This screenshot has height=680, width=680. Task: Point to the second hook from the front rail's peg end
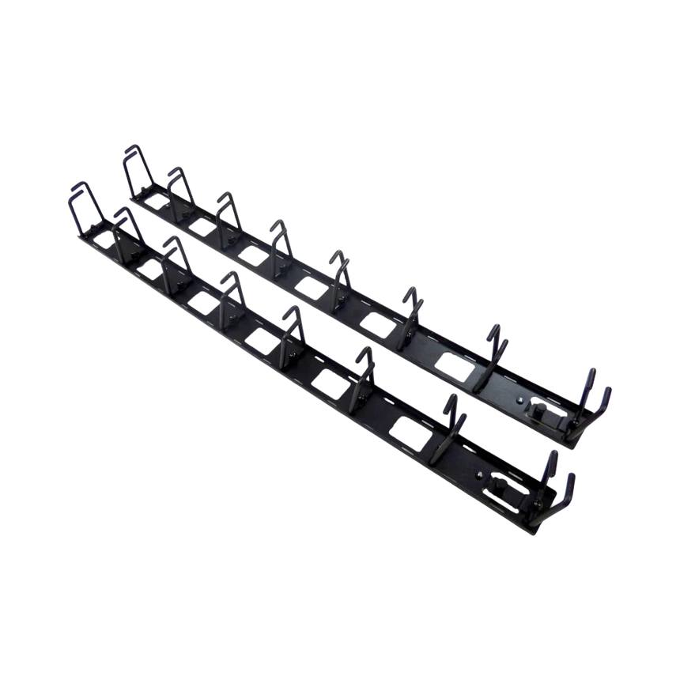(x=451, y=419)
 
